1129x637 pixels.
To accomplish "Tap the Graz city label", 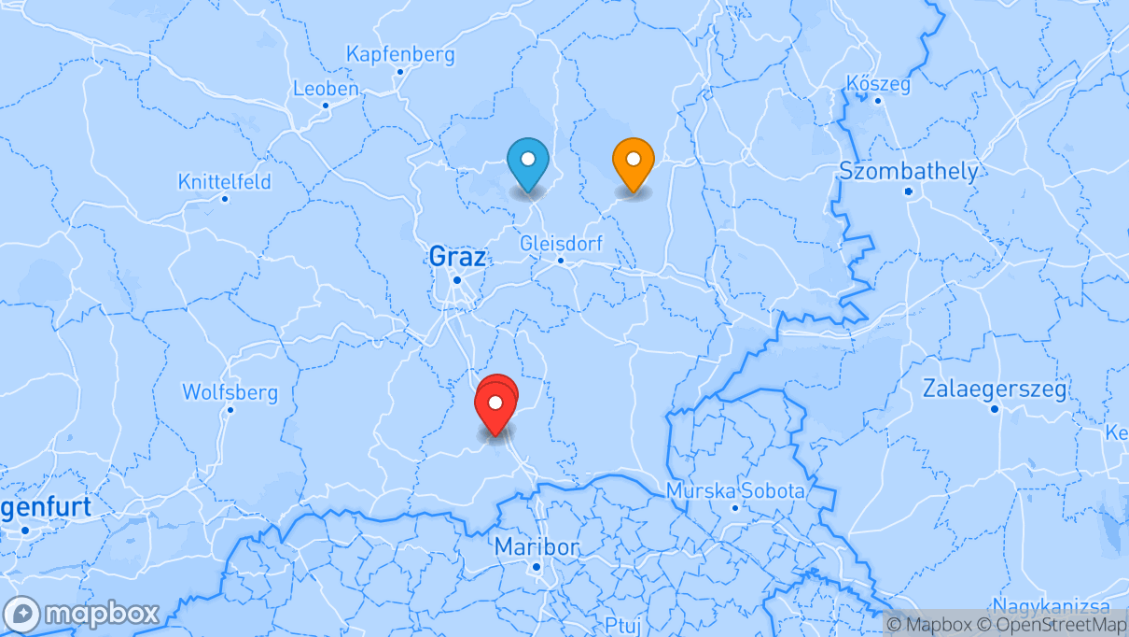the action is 457,255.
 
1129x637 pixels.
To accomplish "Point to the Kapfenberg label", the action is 400,54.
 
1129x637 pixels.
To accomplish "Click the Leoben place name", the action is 326,89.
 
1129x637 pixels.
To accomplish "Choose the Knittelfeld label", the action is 224,181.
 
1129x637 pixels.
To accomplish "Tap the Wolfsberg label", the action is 229,391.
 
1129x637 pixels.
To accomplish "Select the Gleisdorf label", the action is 561,243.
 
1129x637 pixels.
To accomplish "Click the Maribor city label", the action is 537,545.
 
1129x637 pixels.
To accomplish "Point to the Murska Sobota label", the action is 735,490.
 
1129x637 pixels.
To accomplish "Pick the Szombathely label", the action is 909,171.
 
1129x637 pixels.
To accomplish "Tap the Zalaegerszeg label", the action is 995,389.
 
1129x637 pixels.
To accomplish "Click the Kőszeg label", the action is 877,84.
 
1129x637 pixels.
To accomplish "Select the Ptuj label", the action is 624,625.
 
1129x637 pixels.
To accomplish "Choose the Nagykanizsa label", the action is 1051,605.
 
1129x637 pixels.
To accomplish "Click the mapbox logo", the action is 82,614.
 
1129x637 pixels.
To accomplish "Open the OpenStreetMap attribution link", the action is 1051,625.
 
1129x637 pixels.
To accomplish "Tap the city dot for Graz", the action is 457,279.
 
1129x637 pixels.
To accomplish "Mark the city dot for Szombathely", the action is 909,192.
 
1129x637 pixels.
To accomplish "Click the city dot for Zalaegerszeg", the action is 995,410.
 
